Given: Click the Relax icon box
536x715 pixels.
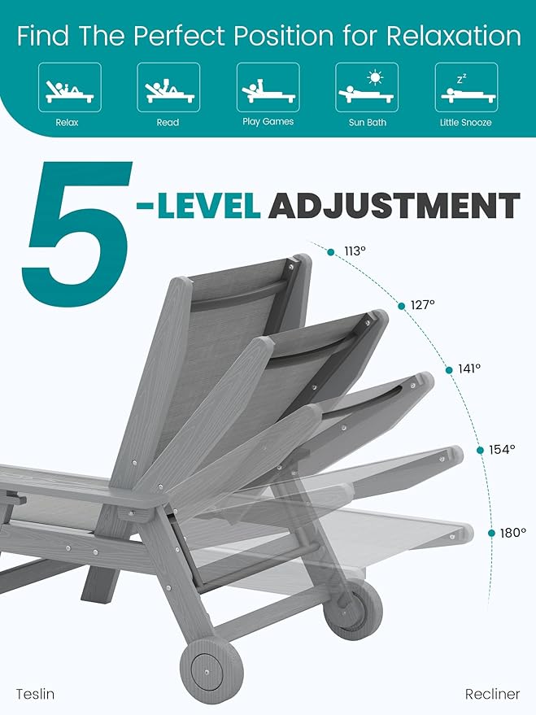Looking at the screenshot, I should (69, 88).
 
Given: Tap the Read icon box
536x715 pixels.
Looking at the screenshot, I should (168, 88).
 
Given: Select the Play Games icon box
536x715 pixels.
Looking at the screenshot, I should (268, 88).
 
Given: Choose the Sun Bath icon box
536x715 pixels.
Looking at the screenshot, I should (367, 88).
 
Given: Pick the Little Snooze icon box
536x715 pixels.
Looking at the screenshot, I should (466, 88).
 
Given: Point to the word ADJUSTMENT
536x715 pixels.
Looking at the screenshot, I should (394, 205).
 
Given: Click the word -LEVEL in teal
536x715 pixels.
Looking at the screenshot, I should (198, 205).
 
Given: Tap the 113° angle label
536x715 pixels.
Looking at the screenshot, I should (355, 251).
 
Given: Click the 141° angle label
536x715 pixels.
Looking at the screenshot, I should (469, 368).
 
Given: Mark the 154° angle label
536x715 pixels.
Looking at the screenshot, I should (502, 449).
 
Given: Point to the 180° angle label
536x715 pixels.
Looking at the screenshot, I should (513, 533).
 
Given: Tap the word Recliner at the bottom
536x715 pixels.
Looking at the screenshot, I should (492, 694).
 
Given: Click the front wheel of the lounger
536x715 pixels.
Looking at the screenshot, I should (200, 665).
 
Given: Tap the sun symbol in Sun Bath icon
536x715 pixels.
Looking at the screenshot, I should (375, 78).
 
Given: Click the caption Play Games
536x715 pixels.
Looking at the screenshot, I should (268, 122).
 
